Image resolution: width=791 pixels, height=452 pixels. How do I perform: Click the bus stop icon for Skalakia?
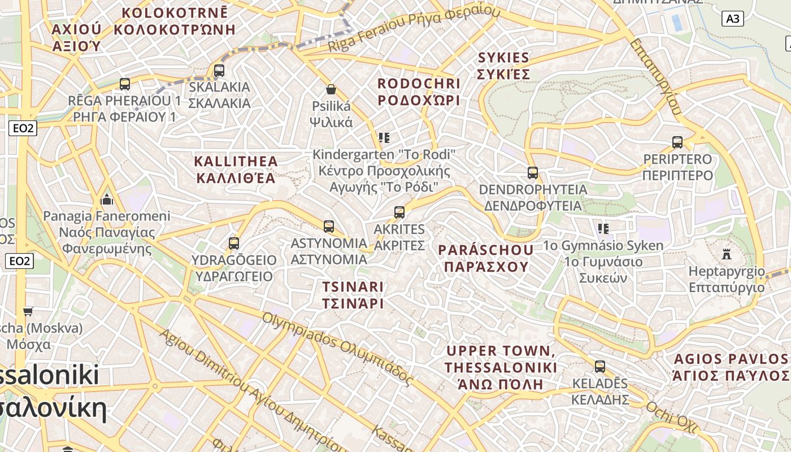pyautogui.click(x=219, y=71)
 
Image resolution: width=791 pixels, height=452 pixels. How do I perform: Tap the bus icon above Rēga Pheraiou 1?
pyautogui.click(x=125, y=84)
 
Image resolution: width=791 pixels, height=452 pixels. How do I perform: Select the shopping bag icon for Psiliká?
pyautogui.click(x=331, y=89)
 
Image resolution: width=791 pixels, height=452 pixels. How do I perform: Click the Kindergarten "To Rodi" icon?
pyautogui.click(x=384, y=138)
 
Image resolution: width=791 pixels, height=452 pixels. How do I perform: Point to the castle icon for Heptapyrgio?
pyautogui.click(x=727, y=254)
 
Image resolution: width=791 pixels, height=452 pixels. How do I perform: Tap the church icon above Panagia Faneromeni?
pyautogui.click(x=107, y=199)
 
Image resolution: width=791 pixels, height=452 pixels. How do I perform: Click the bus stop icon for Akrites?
pyautogui.click(x=399, y=212)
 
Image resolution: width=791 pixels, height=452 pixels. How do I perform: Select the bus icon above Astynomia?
pyautogui.click(x=329, y=227)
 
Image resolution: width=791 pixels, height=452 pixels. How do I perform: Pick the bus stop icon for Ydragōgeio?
pyautogui.click(x=234, y=244)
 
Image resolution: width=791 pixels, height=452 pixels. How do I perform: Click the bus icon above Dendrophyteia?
pyautogui.click(x=533, y=173)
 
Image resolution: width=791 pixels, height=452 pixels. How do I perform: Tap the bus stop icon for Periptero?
pyautogui.click(x=677, y=142)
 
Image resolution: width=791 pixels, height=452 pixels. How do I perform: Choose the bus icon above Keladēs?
pyautogui.click(x=600, y=367)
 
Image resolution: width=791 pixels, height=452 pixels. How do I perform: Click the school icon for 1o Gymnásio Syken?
pyautogui.click(x=603, y=229)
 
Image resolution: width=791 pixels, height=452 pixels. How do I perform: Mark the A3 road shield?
pyautogui.click(x=732, y=19)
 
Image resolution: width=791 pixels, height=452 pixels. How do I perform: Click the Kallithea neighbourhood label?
pyautogui.click(x=236, y=169)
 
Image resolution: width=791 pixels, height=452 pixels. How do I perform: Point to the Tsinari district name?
pyautogui.click(x=353, y=294)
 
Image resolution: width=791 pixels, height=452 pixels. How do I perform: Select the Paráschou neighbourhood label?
pyautogui.click(x=486, y=258)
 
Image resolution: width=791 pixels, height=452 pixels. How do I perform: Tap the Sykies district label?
pyautogui.click(x=503, y=66)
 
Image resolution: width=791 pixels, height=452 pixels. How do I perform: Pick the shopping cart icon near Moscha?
pyautogui.click(x=28, y=311)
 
